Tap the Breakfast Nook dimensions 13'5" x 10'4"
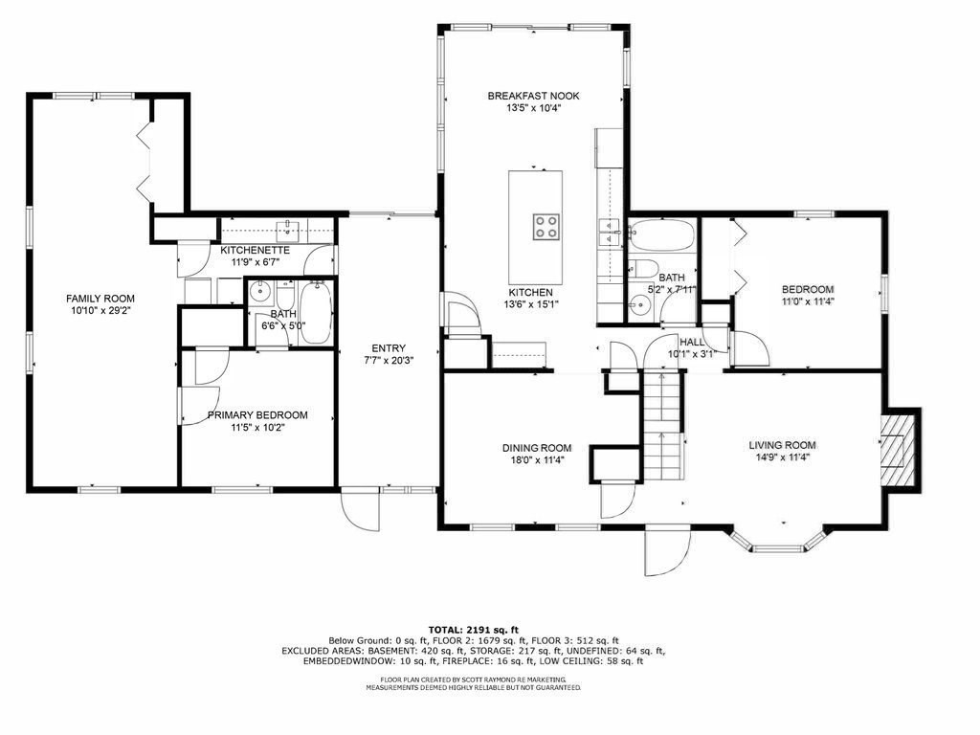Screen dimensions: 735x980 533,108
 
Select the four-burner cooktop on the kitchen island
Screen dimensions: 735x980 546,227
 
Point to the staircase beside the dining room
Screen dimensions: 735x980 663,426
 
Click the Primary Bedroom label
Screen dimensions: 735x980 257,414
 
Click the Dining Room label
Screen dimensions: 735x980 537,447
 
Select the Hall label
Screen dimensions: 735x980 692,342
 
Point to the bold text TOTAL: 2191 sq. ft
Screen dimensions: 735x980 489,629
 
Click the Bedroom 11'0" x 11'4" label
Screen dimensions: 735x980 807,289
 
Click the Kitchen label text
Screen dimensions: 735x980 530,292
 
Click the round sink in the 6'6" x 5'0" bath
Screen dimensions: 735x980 258,292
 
